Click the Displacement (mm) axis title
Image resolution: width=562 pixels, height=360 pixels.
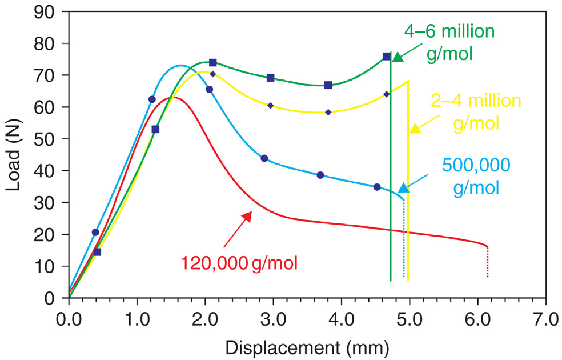(x=308, y=346)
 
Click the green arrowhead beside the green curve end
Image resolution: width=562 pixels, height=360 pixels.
(x=398, y=57)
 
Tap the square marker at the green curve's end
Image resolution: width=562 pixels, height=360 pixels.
(x=387, y=57)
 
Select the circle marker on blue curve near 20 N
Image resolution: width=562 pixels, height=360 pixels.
(x=95, y=232)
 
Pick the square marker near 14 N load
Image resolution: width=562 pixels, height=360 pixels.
(x=97, y=252)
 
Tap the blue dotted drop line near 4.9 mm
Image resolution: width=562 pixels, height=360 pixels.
(x=404, y=240)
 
